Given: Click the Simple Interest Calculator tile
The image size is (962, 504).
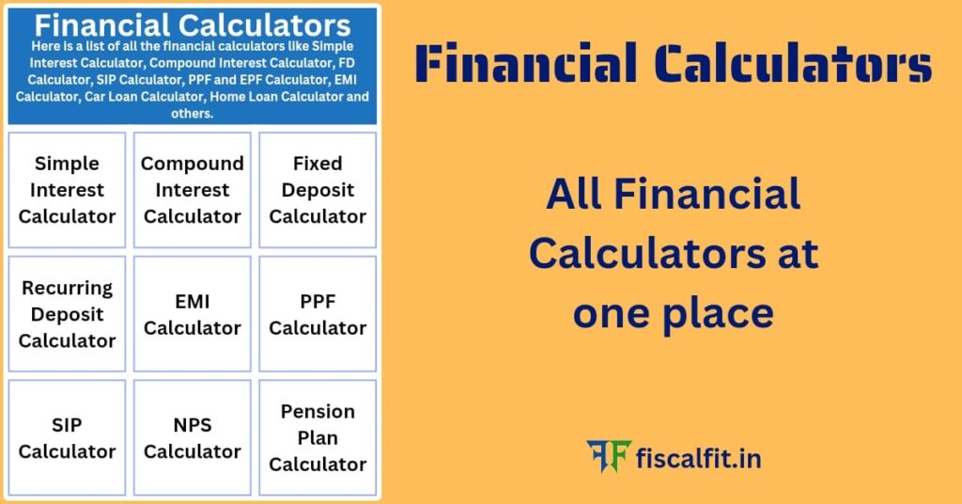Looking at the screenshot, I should pos(67,190).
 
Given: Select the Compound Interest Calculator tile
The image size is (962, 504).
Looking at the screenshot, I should pos(193,190).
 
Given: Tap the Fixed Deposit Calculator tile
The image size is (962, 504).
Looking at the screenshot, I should pos(318,190).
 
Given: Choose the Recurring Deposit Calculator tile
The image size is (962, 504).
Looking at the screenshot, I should pos(67,314).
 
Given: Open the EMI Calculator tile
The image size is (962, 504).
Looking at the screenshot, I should pos(193,314).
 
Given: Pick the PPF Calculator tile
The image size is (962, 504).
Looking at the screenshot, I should pos(318,314).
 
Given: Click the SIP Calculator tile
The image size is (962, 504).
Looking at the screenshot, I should pos(67,438).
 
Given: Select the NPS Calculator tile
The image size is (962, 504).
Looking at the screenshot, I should pos(193,438).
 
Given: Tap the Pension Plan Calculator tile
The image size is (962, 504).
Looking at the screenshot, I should pos(318,438).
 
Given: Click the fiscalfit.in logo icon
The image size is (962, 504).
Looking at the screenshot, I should pos(607,458).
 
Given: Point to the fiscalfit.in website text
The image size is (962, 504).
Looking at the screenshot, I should pos(699,459).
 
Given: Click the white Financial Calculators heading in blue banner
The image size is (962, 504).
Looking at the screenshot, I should pos(193,24).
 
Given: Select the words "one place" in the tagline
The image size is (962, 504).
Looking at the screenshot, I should pos(673,313).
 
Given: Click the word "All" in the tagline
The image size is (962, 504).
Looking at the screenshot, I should pos(573,195).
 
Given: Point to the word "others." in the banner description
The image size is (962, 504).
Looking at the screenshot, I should pos(193,113).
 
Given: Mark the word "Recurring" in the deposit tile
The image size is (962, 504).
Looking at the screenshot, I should pos(67,288).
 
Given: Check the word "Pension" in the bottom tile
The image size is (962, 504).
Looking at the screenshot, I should pos(318,412).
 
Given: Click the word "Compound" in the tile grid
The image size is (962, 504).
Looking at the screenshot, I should pos(193,164).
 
